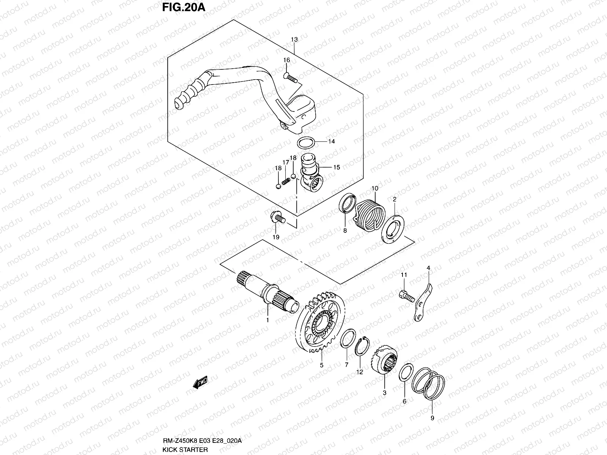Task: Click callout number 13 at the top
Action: coord(294,39)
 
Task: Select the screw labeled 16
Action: coord(291,78)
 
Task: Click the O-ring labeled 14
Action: coord(305,143)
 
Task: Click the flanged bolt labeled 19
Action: coord(277,218)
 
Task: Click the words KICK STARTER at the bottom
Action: coord(185,449)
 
